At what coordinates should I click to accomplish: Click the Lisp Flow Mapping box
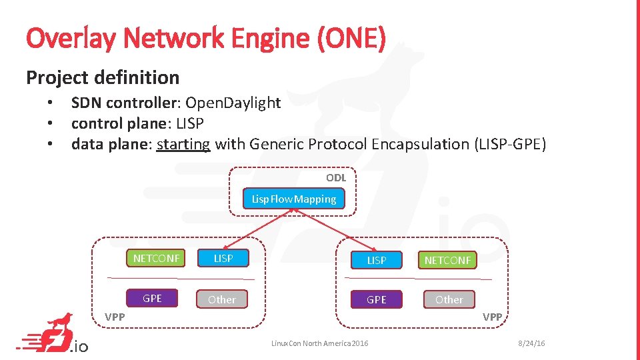(x=294, y=199)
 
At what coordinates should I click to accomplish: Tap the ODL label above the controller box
(x=335, y=177)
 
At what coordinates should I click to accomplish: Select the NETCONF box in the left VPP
(x=157, y=258)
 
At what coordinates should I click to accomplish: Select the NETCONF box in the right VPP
(x=447, y=260)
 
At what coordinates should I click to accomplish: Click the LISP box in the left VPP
(x=223, y=258)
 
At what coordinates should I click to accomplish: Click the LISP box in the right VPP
(x=377, y=260)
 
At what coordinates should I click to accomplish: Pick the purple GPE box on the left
(x=153, y=298)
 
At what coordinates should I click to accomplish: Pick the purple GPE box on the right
(x=377, y=300)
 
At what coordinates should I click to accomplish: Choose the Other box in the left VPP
(x=222, y=299)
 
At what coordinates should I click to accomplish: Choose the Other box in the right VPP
(x=449, y=299)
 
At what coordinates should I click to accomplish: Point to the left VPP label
(x=115, y=317)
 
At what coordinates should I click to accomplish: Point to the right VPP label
(x=492, y=317)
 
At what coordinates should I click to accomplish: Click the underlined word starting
(x=183, y=144)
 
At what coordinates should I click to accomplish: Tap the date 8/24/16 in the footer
(x=532, y=343)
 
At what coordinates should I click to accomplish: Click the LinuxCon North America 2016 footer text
(x=319, y=343)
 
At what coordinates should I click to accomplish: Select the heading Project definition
(x=103, y=77)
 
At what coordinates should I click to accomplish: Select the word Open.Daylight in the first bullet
(x=233, y=103)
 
